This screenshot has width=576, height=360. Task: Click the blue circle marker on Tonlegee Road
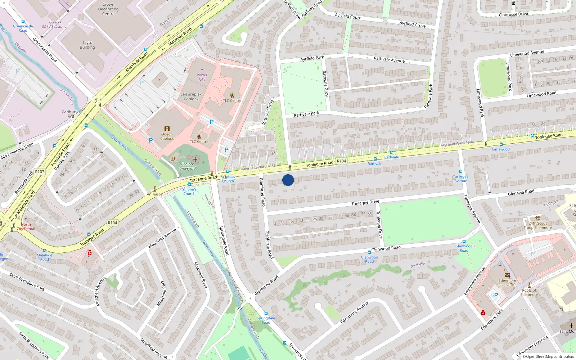[x=288, y=180]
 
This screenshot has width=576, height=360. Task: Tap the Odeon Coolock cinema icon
[x=167, y=129]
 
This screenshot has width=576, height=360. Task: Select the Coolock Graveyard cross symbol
[x=195, y=159]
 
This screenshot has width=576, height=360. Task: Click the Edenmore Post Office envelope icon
[x=507, y=275]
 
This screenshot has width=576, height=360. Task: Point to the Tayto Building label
[x=87, y=45]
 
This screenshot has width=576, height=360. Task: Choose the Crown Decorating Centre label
[x=108, y=9]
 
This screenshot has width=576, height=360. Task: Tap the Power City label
[x=202, y=77]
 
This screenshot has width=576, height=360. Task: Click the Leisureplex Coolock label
[x=191, y=96]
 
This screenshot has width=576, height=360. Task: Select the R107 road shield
[x=40, y=172]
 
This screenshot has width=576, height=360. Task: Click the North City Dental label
[x=26, y=226]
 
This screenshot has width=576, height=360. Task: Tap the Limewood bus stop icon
[x=501, y=144]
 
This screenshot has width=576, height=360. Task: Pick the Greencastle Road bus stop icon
[x=23, y=22]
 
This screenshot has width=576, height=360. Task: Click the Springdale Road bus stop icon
[x=266, y=314]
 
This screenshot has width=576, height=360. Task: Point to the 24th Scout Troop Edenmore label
[x=537, y=225]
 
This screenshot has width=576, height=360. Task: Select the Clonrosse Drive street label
[x=513, y=14]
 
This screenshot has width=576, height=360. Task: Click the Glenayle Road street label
[x=521, y=193]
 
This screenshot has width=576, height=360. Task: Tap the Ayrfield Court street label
[x=347, y=16]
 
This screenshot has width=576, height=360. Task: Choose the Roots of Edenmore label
[x=529, y=292]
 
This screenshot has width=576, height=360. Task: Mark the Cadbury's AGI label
[x=71, y=114]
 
